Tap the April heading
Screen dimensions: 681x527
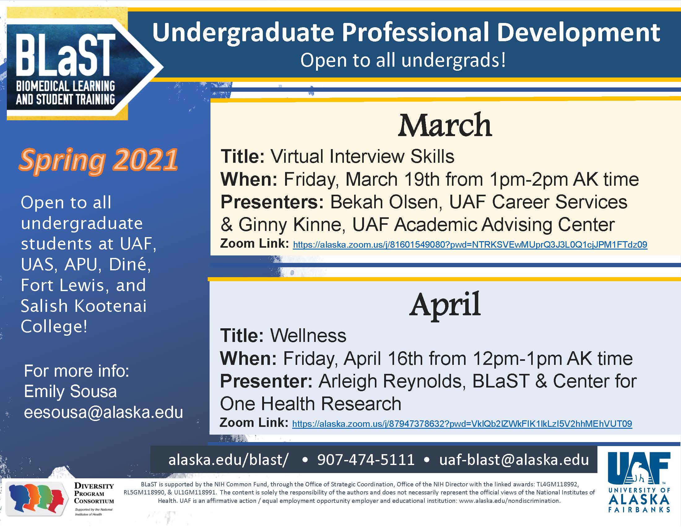coord(445,305)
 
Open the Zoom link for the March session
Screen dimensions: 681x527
coord(470,245)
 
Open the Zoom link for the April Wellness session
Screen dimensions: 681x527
coord(462,424)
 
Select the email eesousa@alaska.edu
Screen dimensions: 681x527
coord(103,412)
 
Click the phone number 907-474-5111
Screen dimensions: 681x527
coord(366,459)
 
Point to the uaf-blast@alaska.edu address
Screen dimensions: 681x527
coord(514,459)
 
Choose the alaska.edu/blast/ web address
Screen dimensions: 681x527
coord(228,459)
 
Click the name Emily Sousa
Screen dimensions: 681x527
coord(71,392)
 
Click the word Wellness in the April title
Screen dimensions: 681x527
coord(308,335)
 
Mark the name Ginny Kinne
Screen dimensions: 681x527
coord(292,225)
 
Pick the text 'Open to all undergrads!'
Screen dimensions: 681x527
coord(403,60)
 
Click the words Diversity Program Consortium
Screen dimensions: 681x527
coord(94,493)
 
